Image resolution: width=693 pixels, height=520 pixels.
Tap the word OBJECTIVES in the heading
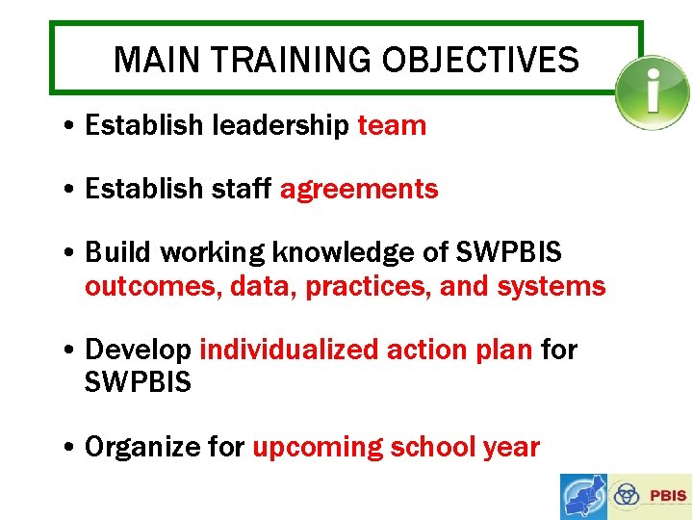tap(480, 61)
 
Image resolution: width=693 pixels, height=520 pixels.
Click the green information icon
tap(653, 93)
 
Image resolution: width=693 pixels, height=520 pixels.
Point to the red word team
tap(392, 125)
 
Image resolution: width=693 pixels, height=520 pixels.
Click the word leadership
tap(280, 125)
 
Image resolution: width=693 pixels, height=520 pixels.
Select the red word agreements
tap(359, 190)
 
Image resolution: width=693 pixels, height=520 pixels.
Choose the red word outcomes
tap(153, 287)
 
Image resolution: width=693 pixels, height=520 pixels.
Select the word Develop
tap(139, 350)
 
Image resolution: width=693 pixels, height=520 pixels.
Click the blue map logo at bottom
tap(584, 497)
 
